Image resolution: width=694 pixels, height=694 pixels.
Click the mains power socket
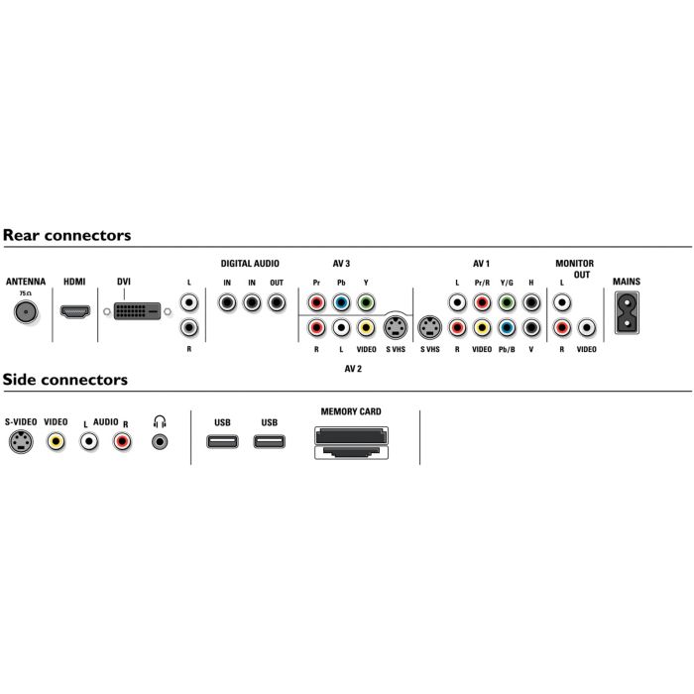[627, 316]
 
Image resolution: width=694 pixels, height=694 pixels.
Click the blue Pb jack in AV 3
[341, 303]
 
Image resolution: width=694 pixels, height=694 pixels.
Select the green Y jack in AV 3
[366, 303]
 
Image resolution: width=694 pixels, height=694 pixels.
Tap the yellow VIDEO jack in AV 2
[366, 327]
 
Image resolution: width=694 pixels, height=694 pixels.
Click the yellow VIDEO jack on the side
[57, 442]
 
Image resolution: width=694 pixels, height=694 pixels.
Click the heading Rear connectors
[66, 236]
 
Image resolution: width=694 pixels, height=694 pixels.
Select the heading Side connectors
[64, 380]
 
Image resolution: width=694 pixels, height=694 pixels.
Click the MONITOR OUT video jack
[587, 327]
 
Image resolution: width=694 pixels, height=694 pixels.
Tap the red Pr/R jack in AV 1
[482, 303]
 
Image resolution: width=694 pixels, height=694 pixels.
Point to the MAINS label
[627, 282]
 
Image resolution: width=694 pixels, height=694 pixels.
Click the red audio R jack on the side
[122, 442]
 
